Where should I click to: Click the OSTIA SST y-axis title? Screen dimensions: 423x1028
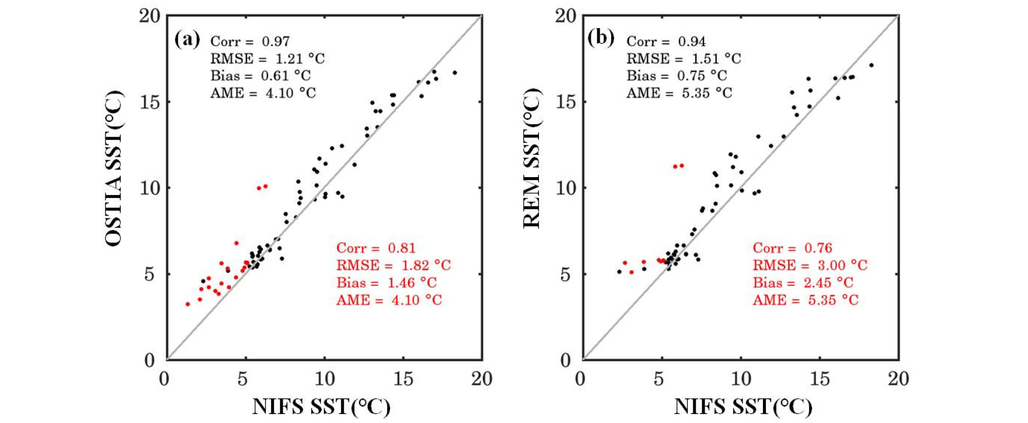pyautogui.click(x=113, y=168)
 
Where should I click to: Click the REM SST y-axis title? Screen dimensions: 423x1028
pyautogui.click(x=532, y=158)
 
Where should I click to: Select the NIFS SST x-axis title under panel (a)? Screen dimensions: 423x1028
pyautogui.click(x=321, y=407)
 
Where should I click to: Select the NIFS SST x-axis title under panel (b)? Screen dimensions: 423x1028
pyautogui.click(x=743, y=407)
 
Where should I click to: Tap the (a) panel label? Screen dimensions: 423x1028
pyautogui.click(x=187, y=39)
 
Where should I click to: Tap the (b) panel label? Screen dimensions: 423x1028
pyautogui.click(x=600, y=38)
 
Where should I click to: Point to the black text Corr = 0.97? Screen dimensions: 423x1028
pyautogui.click(x=250, y=42)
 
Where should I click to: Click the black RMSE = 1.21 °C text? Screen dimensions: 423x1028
pyautogui.click(x=268, y=59)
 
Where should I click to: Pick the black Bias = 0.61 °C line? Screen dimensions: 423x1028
pyautogui.click(x=261, y=76)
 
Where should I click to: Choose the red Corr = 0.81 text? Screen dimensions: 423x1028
pyautogui.click(x=376, y=248)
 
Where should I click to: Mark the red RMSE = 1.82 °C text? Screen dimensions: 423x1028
pyautogui.click(x=394, y=266)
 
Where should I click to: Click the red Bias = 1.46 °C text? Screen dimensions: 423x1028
pyautogui.click(x=387, y=283)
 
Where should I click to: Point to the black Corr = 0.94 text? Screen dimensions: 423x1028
pyautogui.click(x=666, y=42)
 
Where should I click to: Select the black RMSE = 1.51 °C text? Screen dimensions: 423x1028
pyautogui.click(x=684, y=59)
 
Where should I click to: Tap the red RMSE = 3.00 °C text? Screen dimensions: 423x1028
pyautogui.click(x=810, y=266)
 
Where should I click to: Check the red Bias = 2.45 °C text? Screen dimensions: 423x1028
pyautogui.click(x=803, y=283)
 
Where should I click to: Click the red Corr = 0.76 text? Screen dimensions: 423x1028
pyautogui.click(x=792, y=248)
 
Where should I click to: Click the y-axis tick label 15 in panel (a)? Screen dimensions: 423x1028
pyautogui.click(x=150, y=102)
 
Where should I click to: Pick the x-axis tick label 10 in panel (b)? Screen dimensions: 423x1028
pyautogui.click(x=740, y=379)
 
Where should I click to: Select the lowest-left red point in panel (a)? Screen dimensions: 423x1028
pyautogui.click(x=188, y=304)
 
